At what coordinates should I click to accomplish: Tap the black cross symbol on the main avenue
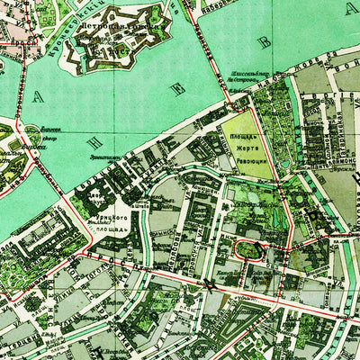pyautogui.click(x=209, y=285)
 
